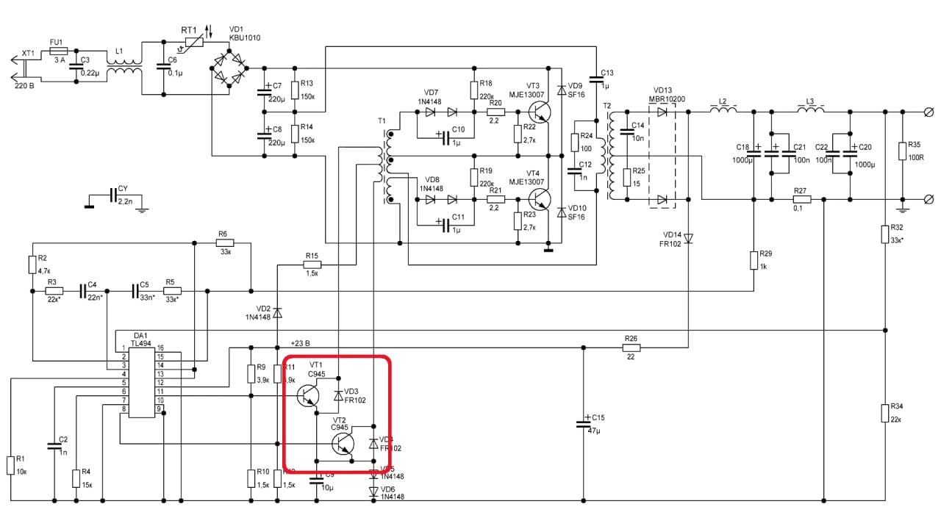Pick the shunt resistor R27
801,199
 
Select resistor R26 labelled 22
631,348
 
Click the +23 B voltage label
300,343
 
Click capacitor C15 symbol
584,424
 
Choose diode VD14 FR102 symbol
689,238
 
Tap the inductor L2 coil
723,111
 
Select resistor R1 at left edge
11,464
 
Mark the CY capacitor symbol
112,195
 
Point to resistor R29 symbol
754,260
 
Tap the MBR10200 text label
667,99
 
